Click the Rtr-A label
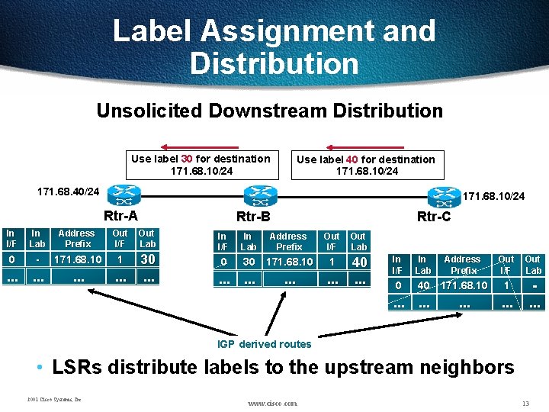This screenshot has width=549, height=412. pos(120,216)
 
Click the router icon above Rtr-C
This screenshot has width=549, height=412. pos(445,195)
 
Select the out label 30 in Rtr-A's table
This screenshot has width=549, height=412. pos(147,259)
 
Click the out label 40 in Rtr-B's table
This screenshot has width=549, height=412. pos(358,262)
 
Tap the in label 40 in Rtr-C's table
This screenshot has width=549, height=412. pos(422,285)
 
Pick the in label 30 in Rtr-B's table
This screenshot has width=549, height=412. pos(249,262)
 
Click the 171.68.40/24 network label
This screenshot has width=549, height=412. pos(69,189)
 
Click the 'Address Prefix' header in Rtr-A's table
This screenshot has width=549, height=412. pos(76,239)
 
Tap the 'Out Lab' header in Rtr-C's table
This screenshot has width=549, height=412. pos(532,265)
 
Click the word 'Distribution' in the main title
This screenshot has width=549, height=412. pos(274,63)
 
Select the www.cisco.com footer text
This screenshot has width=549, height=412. pos(272,402)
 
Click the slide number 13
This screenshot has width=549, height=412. pos(525,402)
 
